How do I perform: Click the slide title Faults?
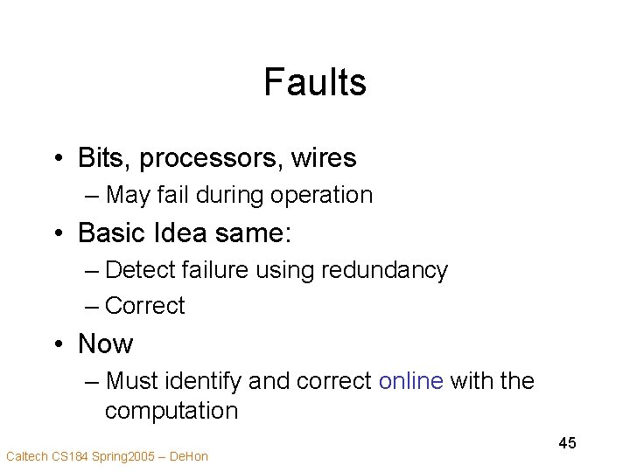pyautogui.click(x=314, y=83)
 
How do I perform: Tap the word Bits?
pyautogui.click(x=100, y=158)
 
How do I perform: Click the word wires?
pyautogui.click(x=325, y=158)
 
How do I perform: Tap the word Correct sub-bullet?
pyautogui.click(x=144, y=305)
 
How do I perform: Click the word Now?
pyautogui.click(x=106, y=344)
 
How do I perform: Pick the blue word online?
pyautogui.click(x=411, y=381)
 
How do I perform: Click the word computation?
pyautogui.click(x=171, y=410)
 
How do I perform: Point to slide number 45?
pyautogui.click(x=567, y=443)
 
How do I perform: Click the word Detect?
pyautogui.click(x=136, y=270)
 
